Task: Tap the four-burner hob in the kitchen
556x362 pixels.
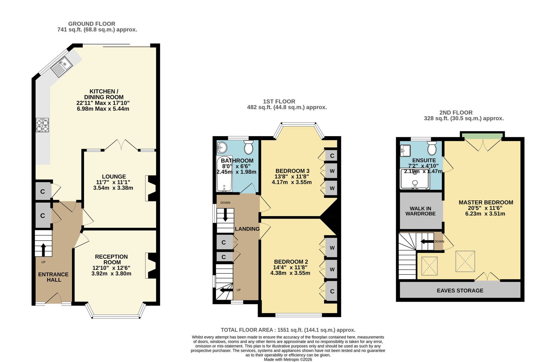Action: (x=42, y=125)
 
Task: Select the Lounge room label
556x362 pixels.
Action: (x=114, y=177)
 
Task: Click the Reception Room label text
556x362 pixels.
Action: (x=111, y=259)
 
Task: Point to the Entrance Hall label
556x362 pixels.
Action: (x=53, y=277)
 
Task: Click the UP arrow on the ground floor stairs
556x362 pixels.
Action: (x=43, y=250)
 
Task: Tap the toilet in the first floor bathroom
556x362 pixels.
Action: (x=249, y=147)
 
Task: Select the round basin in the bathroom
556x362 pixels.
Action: (x=222, y=148)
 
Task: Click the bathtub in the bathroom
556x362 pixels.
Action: (x=224, y=174)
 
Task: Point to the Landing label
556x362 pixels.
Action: (x=247, y=229)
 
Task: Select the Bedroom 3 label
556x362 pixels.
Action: (x=292, y=171)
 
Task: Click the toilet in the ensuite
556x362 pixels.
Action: (x=432, y=148)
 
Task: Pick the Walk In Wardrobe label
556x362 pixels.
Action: (x=420, y=211)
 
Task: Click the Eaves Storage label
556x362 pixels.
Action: (x=460, y=291)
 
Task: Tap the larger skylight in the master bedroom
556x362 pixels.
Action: (x=465, y=261)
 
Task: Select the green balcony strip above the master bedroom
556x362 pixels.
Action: (x=483, y=136)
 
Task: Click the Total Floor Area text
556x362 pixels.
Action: (x=288, y=330)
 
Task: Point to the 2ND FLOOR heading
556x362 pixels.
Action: (x=456, y=113)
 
